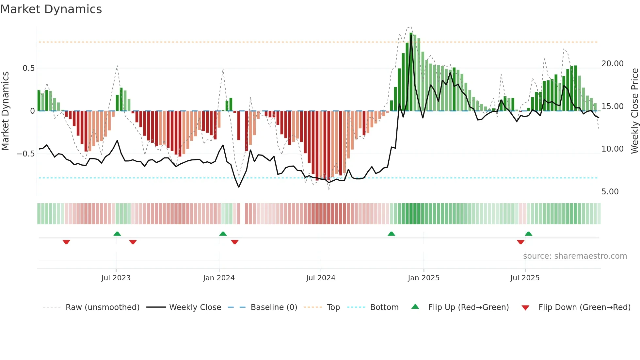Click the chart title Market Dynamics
point(51,9)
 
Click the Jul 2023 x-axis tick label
point(116,278)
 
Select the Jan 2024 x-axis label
point(219,278)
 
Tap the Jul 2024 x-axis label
point(321,278)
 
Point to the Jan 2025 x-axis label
point(424,278)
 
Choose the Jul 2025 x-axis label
point(525,278)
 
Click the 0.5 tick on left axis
point(28,68)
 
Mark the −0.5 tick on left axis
point(25,154)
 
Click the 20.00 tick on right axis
point(612,64)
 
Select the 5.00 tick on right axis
point(610,192)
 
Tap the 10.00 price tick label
point(612,149)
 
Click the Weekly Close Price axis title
point(634,111)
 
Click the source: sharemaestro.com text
point(575,256)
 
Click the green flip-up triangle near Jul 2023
point(117,234)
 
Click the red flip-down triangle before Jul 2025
point(520,242)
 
